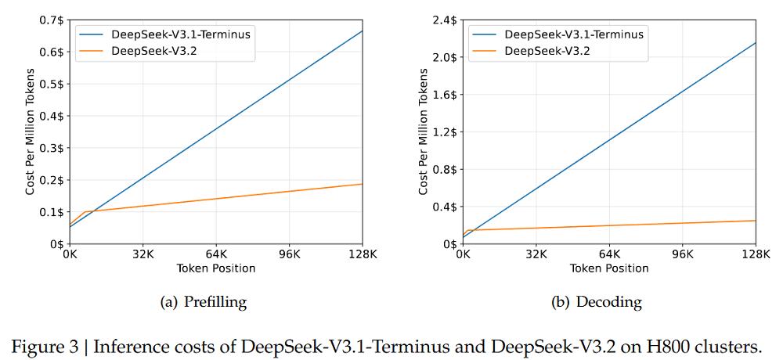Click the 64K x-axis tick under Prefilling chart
(216, 254)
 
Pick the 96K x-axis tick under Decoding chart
(682, 254)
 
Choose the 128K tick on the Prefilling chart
(362, 254)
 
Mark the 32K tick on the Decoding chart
(536, 254)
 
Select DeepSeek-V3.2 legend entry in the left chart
(153, 51)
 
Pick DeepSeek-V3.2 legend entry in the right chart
(547, 51)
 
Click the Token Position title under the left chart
(216, 268)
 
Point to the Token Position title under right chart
(609, 268)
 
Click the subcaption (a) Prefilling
(203, 302)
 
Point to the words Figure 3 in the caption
(51, 345)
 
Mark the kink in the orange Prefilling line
(84, 211)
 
